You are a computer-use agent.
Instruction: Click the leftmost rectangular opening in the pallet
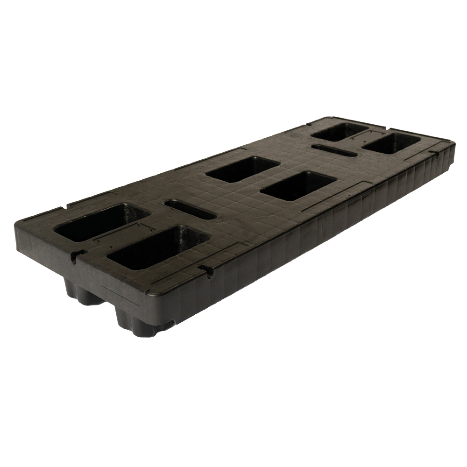(100, 221)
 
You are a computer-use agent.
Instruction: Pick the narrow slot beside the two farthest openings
(334, 150)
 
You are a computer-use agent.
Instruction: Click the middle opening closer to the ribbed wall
(297, 185)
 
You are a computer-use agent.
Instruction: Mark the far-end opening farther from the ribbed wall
(338, 131)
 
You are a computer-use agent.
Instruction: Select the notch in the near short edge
(77, 255)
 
